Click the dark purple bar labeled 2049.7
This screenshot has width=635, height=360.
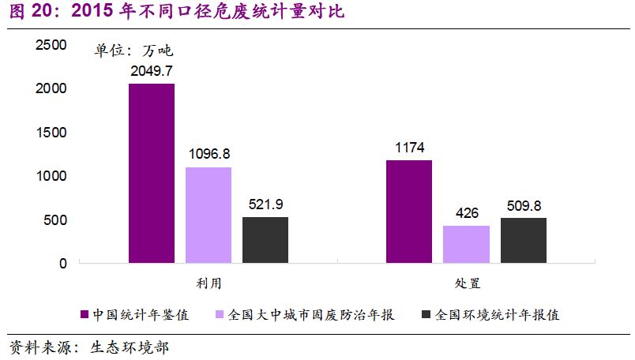(152, 173)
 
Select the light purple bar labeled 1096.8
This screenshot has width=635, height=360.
(209, 215)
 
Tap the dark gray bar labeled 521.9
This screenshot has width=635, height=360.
(265, 240)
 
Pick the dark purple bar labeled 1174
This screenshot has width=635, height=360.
(409, 212)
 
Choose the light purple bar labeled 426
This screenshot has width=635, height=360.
(466, 244)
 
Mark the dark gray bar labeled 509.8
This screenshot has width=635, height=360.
(524, 240)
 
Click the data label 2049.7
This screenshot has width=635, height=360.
(152, 71)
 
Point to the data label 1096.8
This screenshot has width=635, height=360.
(209, 154)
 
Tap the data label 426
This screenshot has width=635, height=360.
(466, 213)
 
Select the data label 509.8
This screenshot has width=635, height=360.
(524, 205)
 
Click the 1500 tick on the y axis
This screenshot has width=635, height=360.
(51, 133)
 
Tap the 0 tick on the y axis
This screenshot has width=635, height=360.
(62, 264)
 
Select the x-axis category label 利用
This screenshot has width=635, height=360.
(209, 283)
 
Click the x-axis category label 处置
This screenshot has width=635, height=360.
(466, 283)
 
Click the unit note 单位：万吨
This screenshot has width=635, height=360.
(133, 51)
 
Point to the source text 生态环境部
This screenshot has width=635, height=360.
(130, 347)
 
